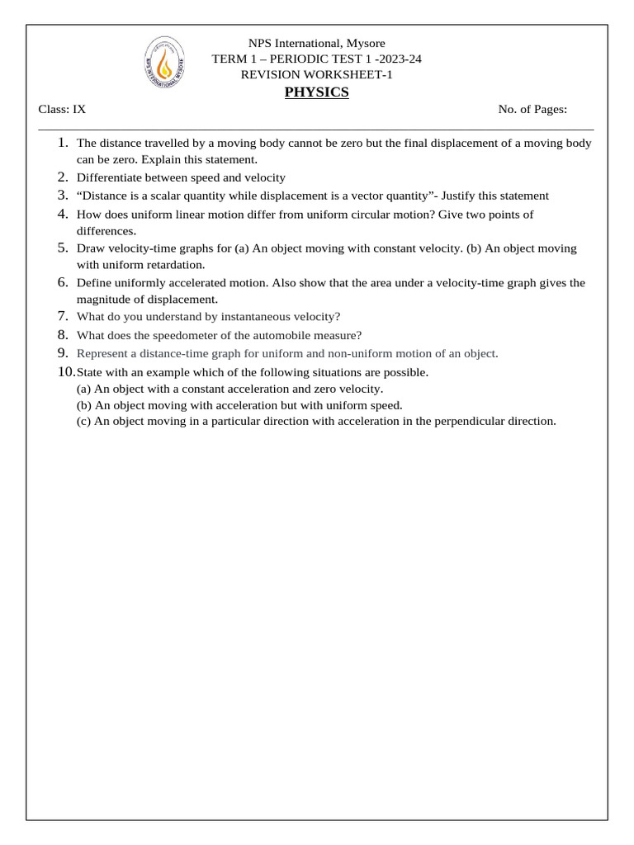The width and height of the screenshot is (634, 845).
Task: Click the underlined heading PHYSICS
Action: pos(316,92)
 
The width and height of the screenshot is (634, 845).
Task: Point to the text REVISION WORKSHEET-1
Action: pos(317,75)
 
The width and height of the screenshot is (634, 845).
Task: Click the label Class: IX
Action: pos(62,110)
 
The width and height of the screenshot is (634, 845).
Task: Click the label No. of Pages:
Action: pos(532,110)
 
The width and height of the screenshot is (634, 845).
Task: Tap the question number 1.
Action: pos(64,143)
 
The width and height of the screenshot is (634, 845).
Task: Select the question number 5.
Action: pos(63,248)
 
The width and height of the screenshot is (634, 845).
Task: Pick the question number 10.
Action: pos(65,372)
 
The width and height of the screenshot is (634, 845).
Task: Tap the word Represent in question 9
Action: pos(103,353)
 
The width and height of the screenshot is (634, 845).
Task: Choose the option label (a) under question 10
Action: pos(83,389)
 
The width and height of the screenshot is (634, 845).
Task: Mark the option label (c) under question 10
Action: pos(83,421)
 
